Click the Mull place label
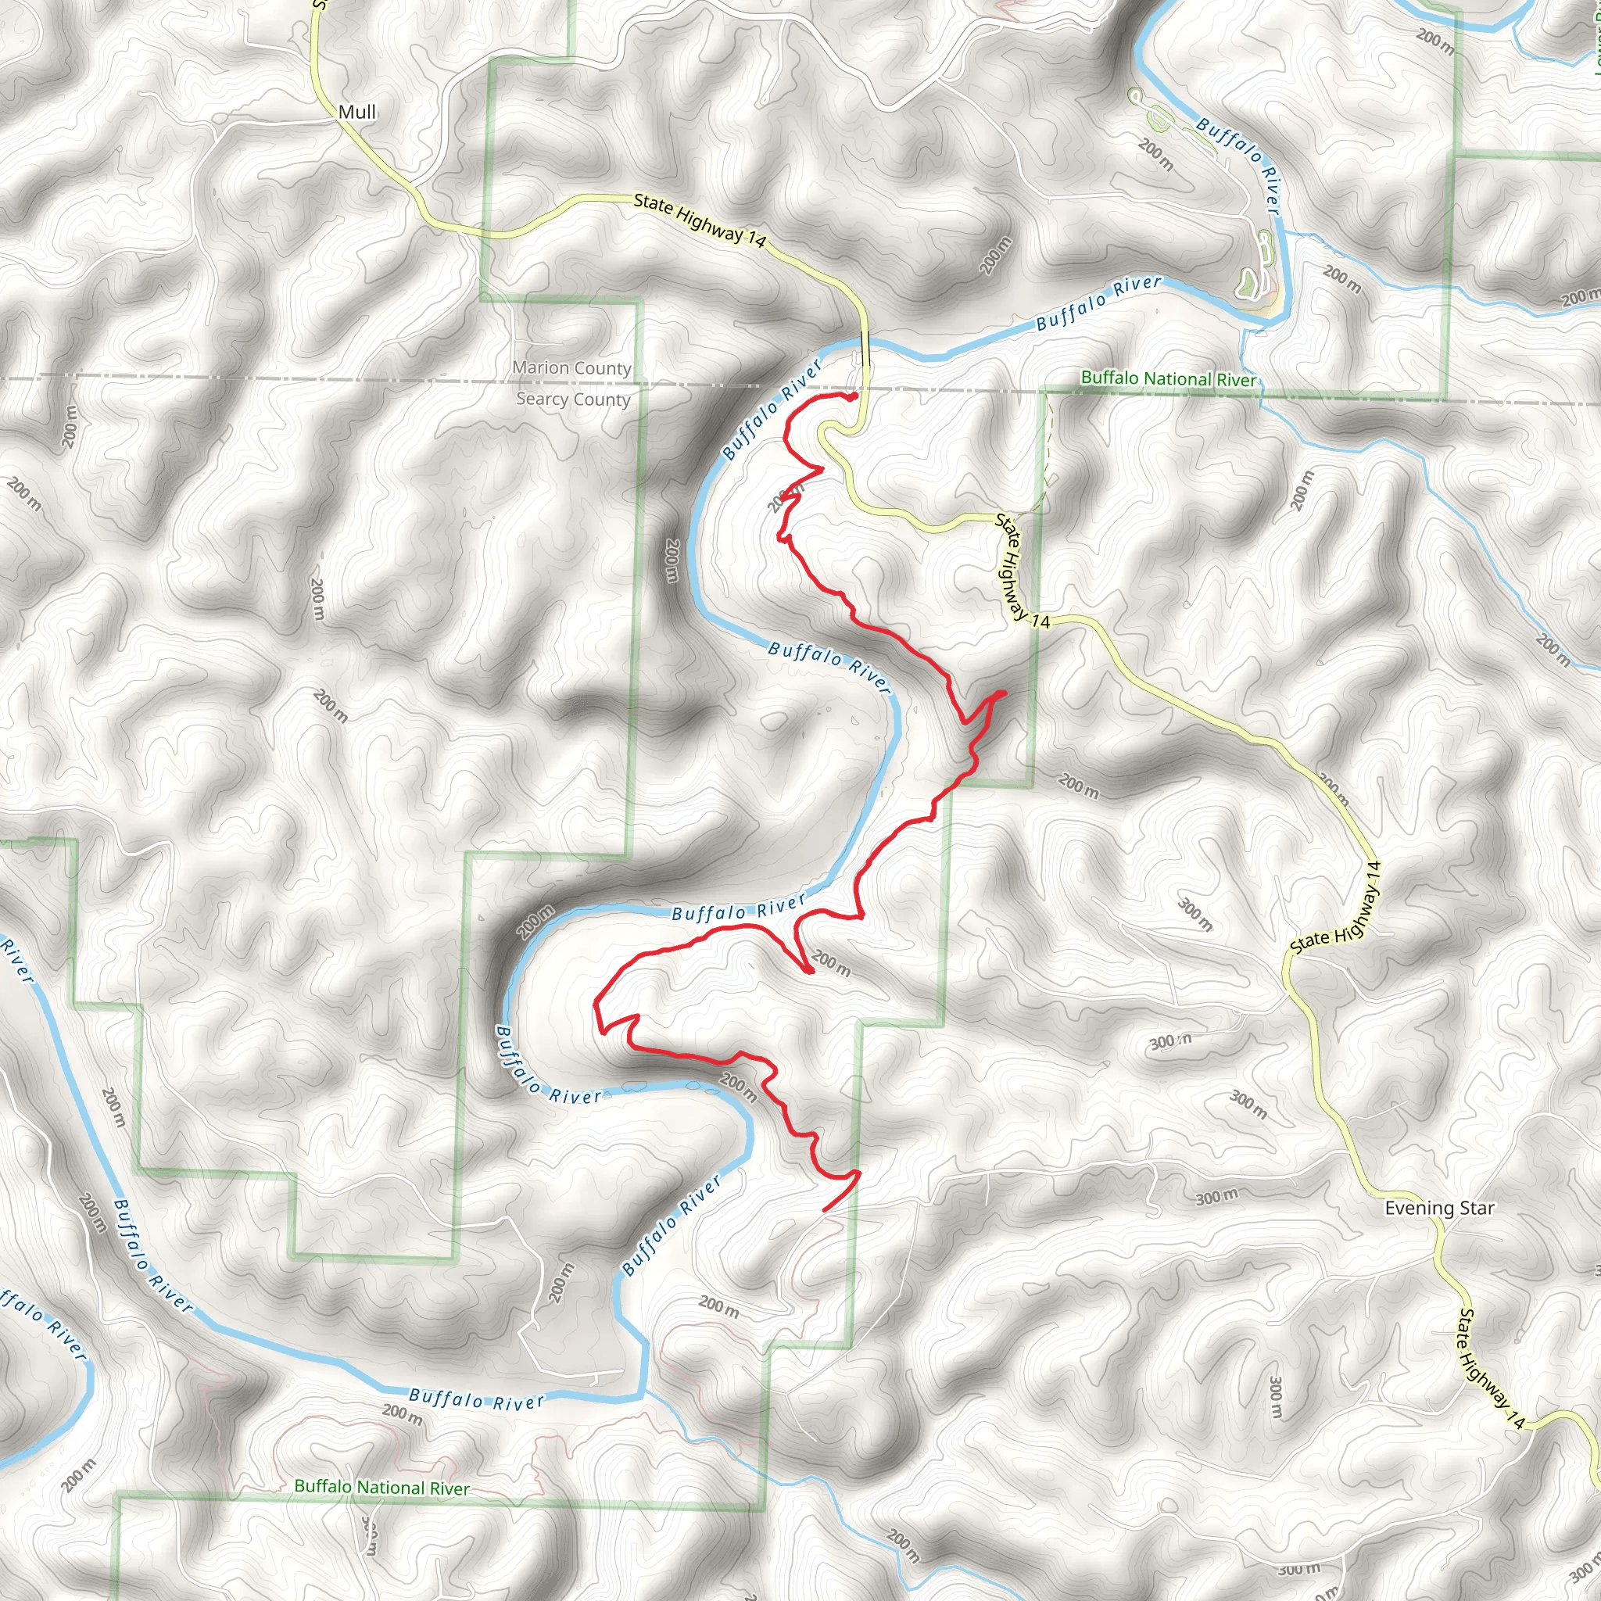tap(357, 112)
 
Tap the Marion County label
tap(571, 368)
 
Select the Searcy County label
tap(574, 399)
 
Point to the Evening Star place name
tap(1439, 1209)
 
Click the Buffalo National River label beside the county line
tap(1169, 378)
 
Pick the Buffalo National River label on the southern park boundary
tap(382, 1488)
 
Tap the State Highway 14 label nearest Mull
tap(700, 220)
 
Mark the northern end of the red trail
tap(853, 397)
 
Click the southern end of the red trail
tap(824, 1211)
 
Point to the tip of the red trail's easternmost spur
tap(1004, 692)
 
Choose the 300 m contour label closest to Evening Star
tap(1216, 1198)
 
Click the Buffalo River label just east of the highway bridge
tap(1099, 303)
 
